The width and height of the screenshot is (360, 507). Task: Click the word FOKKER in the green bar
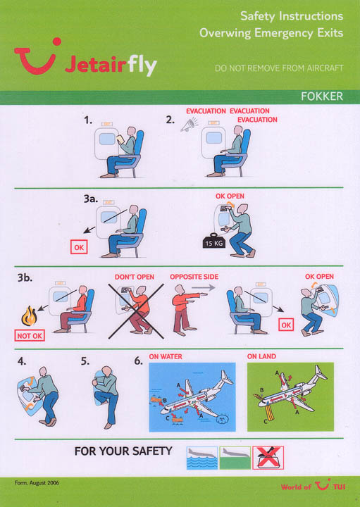(321, 96)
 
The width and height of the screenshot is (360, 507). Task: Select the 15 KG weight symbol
(213, 242)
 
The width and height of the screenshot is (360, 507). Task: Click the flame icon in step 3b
(29, 316)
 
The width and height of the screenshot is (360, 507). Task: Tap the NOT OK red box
(30, 336)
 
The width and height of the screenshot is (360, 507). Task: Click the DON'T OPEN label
(135, 277)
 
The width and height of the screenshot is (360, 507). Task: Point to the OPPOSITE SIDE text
(194, 277)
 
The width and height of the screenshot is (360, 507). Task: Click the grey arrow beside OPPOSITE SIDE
(204, 287)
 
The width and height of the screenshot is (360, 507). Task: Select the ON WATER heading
(166, 356)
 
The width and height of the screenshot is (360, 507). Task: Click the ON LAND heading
(261, 356)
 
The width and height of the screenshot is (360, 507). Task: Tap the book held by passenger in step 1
(120, 139)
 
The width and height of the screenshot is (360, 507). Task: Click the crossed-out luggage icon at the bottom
(268, 458)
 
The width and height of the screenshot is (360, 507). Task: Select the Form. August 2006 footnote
(37, 483)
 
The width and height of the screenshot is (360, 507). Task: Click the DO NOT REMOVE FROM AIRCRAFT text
(279, 68)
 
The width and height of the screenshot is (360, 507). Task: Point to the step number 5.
(85, 361)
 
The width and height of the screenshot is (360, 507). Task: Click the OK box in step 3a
(79, 247)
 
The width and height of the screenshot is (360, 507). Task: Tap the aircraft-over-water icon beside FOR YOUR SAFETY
(202, 458)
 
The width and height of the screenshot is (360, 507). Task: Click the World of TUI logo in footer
(313, 486)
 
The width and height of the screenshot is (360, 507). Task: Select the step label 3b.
(25, 277)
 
